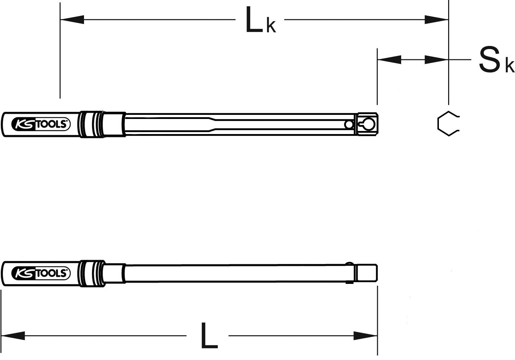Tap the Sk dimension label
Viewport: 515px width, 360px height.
[x=496, y=61]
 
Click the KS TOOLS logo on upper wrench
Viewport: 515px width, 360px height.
[x=41, y=124]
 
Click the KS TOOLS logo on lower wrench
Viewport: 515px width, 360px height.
[x=41, y=273]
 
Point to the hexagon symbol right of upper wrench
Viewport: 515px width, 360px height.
[x=447, y=124]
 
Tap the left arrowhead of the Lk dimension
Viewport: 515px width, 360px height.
[x=72, y=20]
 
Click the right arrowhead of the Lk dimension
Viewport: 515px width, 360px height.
[x=436, y=20]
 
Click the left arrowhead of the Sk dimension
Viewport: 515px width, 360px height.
[x=389, y=60]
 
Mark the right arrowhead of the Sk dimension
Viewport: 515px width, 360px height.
[x=436, y=60]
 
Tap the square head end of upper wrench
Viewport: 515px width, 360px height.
[x=367, y=124]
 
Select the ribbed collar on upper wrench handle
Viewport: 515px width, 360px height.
[x=91, y=124]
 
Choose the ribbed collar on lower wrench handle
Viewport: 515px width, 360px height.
[x=91, y=273]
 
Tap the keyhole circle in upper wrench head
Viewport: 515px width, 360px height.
[x=369, y=124]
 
